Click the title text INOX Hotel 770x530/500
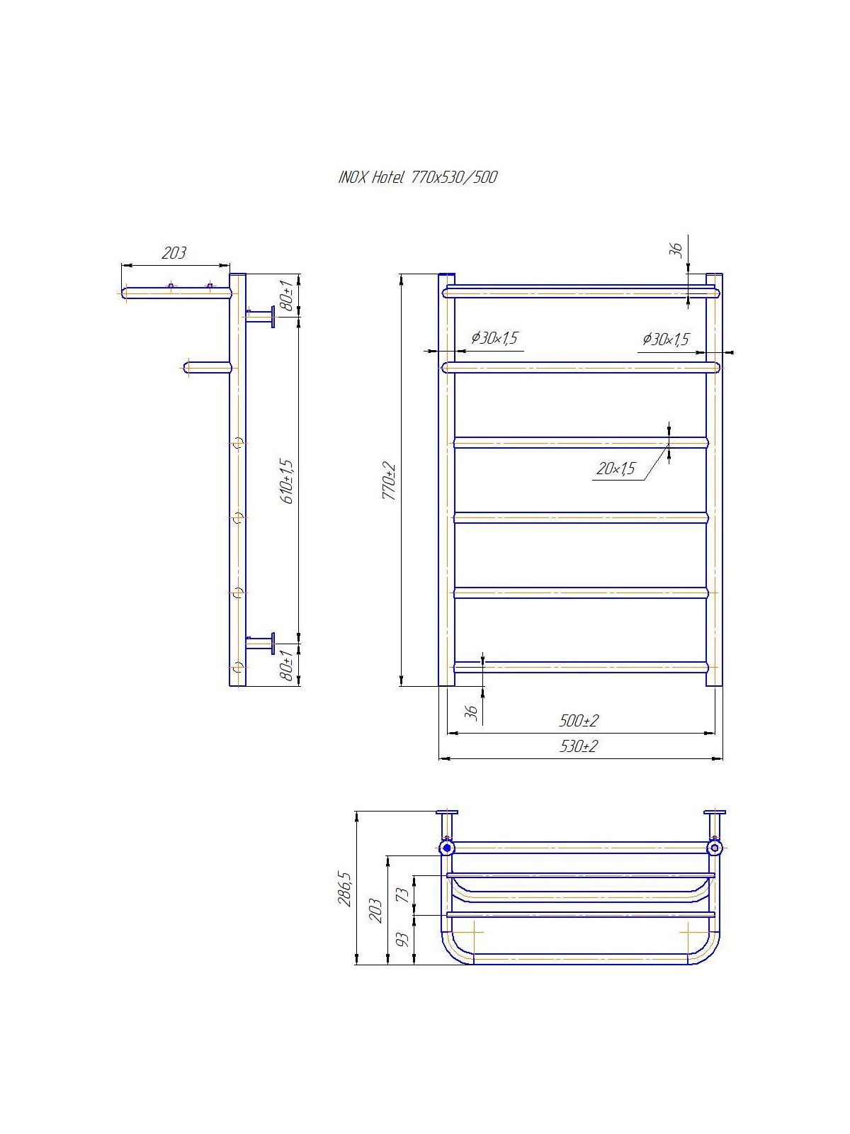(417, 177)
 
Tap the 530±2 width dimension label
(579, 746)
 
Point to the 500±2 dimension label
(579, 720)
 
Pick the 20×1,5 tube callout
(615, 468)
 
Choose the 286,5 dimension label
(345, 889)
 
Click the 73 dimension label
(406, 892)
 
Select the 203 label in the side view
(174, 253)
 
